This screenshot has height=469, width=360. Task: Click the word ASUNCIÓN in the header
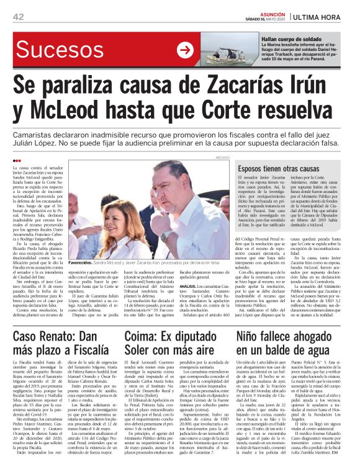tap(269, 13)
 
